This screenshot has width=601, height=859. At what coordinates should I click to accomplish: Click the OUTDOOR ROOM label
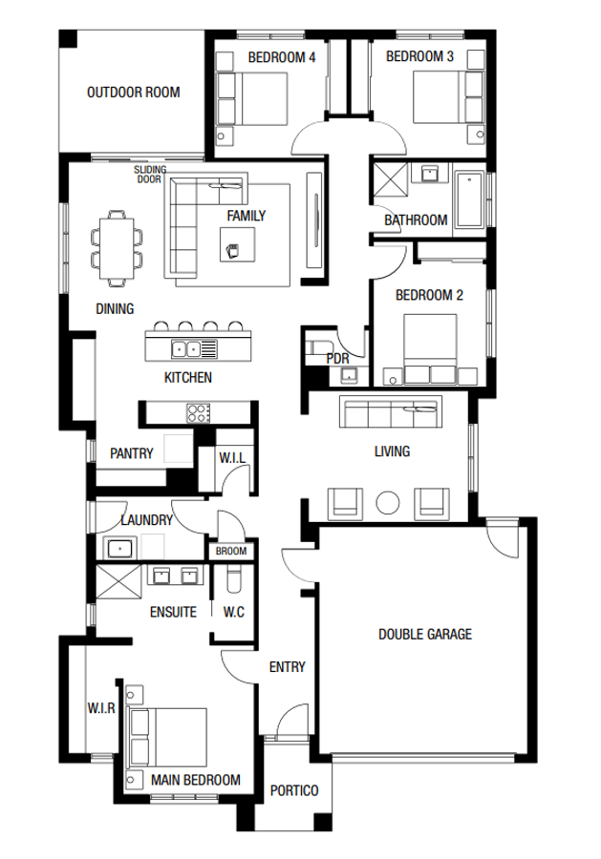[133, 93]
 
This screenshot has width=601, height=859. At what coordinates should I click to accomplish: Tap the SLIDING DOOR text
[149, 174]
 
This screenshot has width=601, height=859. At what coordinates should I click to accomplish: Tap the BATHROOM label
[416, 220]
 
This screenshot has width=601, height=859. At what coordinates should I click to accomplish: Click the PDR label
[337, 358]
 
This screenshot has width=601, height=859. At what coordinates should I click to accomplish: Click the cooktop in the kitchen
[198, 412]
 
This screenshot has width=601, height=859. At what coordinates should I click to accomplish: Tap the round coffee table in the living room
[388, 502]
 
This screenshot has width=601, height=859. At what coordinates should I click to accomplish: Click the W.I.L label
[232, 459]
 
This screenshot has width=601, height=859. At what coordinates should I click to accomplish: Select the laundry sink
[119, 548]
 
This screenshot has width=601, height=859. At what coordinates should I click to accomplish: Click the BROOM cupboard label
[230, 552]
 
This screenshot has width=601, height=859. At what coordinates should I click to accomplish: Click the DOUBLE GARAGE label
[424, 634]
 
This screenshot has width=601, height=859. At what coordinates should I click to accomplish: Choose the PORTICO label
[293, 790]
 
